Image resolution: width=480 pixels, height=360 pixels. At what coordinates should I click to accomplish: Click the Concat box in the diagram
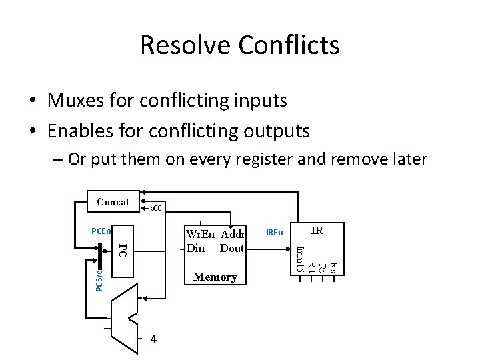coord(113,201)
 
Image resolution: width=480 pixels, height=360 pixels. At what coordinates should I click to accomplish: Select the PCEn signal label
coord(101,231)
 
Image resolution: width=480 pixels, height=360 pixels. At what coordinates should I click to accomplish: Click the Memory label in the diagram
coord(215,277)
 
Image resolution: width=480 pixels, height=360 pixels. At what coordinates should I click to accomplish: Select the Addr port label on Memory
coord(233,235)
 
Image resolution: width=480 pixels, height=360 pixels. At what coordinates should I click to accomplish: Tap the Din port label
coord(196,248)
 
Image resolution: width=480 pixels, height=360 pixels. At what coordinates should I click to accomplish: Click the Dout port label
coord(232,248)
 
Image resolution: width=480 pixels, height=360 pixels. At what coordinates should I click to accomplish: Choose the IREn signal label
coord(274,232)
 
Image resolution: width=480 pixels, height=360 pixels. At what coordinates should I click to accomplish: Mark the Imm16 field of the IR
coord(300,259)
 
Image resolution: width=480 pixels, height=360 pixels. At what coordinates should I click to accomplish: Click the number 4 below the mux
coord(154,339)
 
